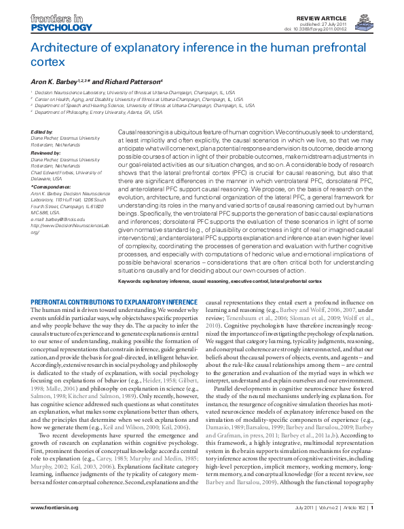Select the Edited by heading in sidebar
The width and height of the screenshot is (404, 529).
click(42, 132)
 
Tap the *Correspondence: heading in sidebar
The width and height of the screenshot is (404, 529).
click(50, 185)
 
